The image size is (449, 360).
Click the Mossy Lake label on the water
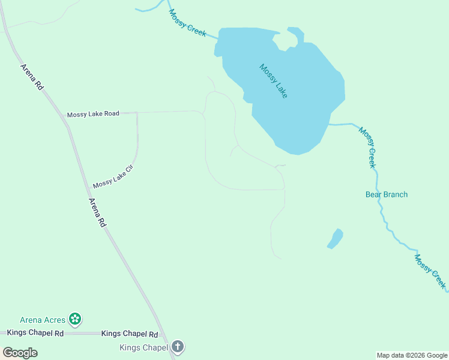click(273, 81)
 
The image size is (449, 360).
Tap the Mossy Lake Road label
click(93, 113)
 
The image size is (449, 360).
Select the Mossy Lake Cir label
click(112, 176)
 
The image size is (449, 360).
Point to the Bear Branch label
click(387, 194)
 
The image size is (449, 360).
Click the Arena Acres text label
click(42, 320)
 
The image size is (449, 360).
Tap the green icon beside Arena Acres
click(75, 319)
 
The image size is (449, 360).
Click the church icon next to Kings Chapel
click(177, 346)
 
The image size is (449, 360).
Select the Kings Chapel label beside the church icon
click(143, 347)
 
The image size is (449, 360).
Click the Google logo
click(20, 353)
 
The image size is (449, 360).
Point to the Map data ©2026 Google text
click(411, 355)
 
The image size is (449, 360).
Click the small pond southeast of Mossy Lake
click(335, 238)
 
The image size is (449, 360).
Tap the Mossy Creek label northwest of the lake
click(187, 23)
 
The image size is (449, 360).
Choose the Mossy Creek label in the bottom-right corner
click(430, 271)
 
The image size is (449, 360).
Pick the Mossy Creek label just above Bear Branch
click(367, 147)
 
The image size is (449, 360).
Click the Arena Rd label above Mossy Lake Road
click(32, 77)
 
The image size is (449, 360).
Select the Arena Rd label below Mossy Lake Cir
click(97, 212)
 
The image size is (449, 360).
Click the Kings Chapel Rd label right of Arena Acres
click(130, 334)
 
